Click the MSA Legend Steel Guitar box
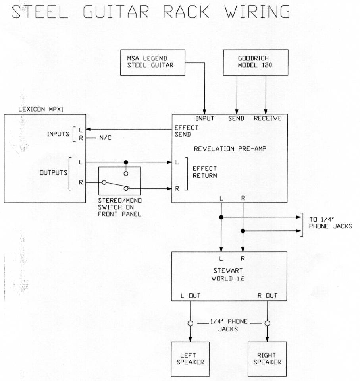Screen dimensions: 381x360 pyautogui.click(x=153, y=62)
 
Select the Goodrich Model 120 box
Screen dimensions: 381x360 pyautogui.click(x=255, y=62)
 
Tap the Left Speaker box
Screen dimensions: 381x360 pyautogui.click(x=190, y=359)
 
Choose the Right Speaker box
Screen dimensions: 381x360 pyautogui.click(x=267, y=359)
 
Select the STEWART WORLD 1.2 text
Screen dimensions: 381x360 pyautogui.click(x=227, y=274)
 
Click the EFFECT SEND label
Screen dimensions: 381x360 pyautogui.click(x=186, y=132)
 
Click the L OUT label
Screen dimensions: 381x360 pyautogui.click(x=191, y=296)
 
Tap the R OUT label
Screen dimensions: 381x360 pyautogui.click(x=268, y=296)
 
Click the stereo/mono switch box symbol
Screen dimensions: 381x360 pyautogui.click(x=119, y=182)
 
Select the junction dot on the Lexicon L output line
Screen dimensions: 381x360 pyautogui.click(x=126, y=162)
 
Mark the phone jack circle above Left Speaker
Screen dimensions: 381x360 pyautogui.click(x=191, y=323)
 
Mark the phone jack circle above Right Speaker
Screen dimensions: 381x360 pyautogui.click(x=268, y=323)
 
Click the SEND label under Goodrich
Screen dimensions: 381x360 pyautogui.click(x=237, y=118)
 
